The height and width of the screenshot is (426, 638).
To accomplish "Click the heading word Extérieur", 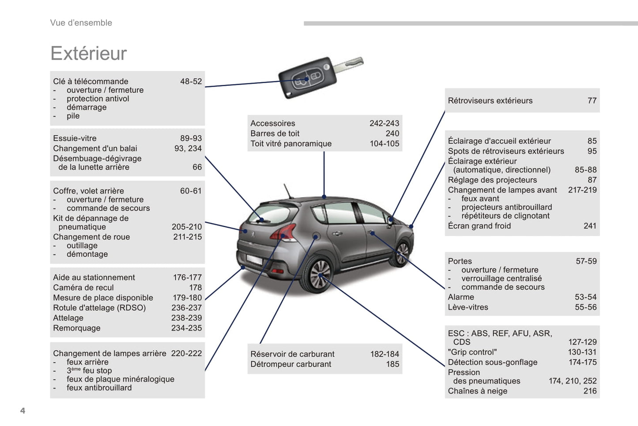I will click(88, 53).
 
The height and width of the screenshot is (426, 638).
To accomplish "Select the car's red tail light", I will click(284, 232).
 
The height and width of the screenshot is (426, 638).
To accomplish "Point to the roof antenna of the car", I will click(288, 190).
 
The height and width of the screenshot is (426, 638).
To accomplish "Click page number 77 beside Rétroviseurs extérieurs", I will click(592, 101).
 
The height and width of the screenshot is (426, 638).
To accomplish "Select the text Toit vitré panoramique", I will click(291, 144).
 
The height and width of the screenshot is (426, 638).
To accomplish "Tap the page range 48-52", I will click(191, 81).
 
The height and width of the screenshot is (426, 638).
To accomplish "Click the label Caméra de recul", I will click(83, 288).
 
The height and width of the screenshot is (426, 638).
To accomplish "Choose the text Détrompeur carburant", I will click(291, 364).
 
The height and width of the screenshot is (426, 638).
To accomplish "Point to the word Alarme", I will click(461, 297).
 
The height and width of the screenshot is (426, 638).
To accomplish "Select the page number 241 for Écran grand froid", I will click(589, 226).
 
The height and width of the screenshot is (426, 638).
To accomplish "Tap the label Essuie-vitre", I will click(75, 138).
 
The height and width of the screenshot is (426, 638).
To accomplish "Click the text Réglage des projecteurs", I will click(492, 180).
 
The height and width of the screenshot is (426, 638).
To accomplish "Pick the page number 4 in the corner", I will click(23, 411).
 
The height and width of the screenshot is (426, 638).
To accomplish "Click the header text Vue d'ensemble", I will click(81, 23).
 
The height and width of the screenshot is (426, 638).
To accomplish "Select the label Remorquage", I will click(76, 328).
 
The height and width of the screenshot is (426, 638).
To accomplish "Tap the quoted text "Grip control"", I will click(472, 352).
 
